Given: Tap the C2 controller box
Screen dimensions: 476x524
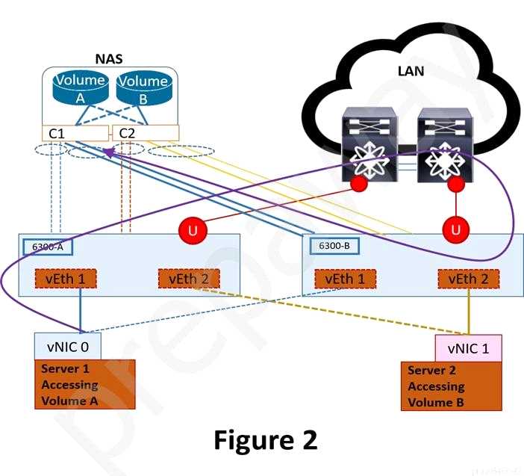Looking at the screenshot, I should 146,133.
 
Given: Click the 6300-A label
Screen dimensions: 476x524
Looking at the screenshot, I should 43,246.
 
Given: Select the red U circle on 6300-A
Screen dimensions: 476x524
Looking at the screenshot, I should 193,230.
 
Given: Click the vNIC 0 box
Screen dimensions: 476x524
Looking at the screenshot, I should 67,346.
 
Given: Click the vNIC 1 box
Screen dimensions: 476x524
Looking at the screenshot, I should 468,347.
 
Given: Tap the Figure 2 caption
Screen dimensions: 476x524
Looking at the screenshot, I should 266,439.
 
